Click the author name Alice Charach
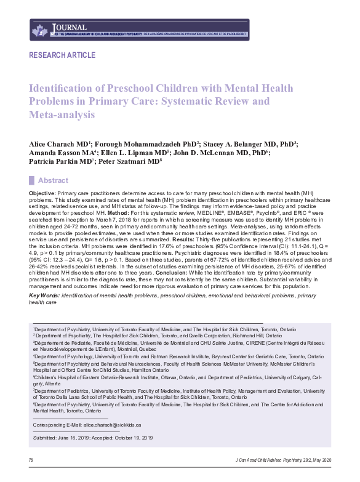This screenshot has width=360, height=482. (57, 143)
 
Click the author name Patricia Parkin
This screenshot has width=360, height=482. (58, 163)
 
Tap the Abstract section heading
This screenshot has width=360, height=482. (54, 180)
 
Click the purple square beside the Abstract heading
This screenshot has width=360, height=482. (32, 180)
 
